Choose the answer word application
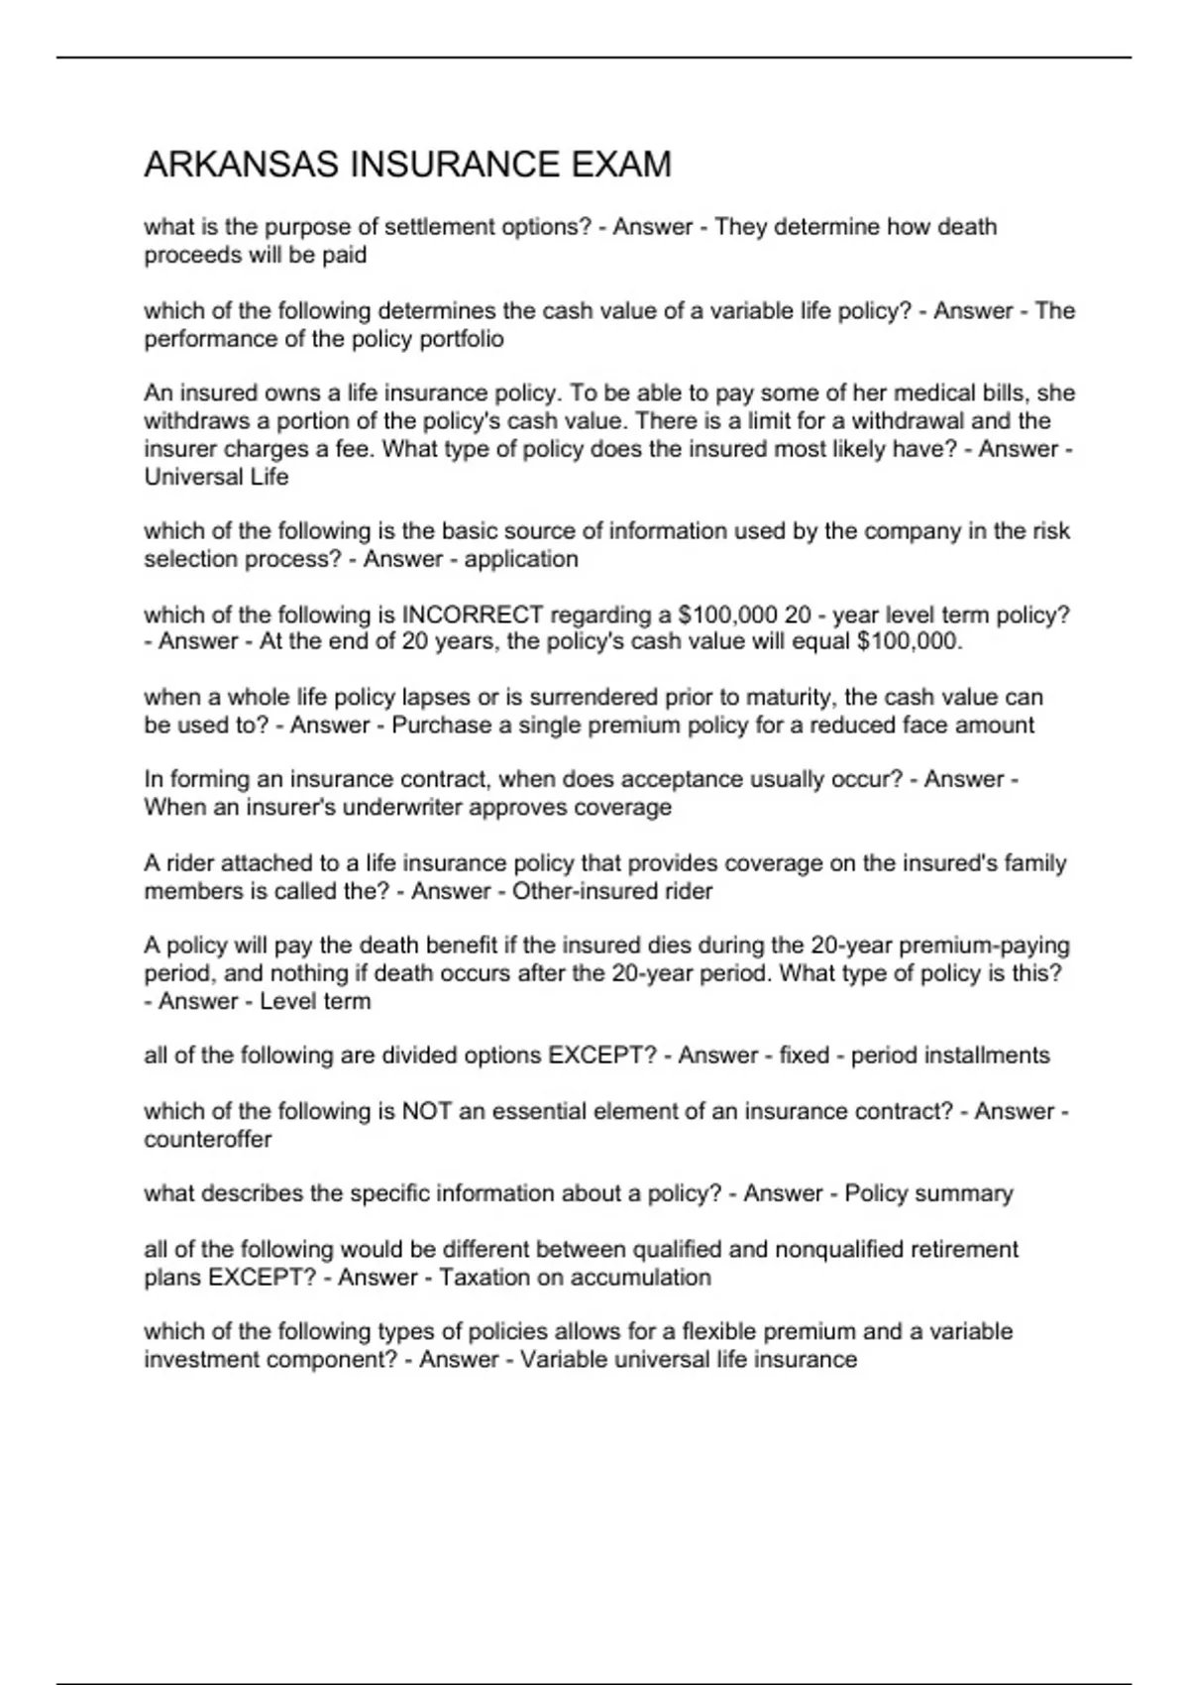tap(521, 559)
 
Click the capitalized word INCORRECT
tap(472, 615)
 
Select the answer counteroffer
tap(208, 1139)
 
